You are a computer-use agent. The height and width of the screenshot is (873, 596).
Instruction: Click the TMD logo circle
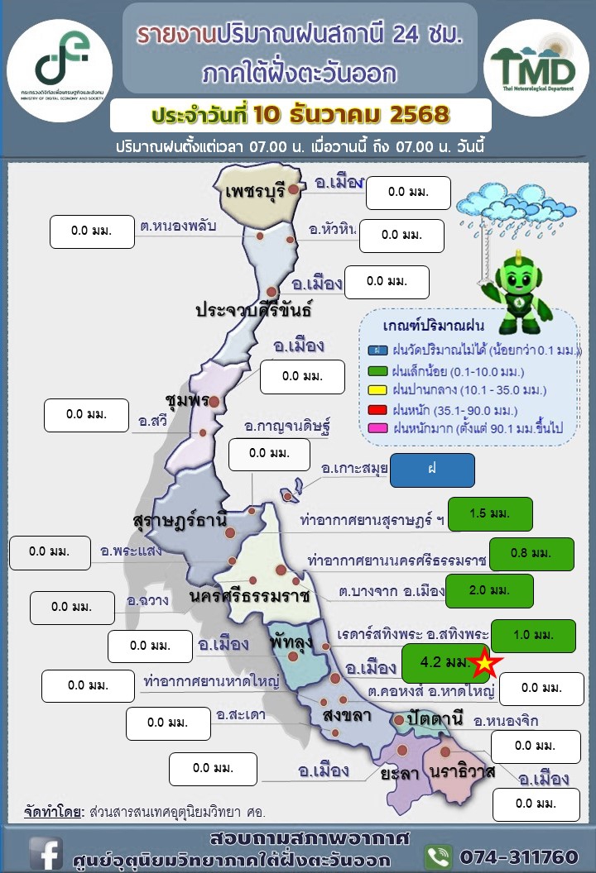(x=536, y=63)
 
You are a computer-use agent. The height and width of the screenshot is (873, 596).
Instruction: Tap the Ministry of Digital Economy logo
(x=59, y=59)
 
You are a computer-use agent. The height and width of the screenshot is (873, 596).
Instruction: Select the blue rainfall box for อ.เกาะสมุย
(x=432, y=470)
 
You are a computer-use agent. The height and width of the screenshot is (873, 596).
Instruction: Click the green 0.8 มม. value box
(x=531, y=554)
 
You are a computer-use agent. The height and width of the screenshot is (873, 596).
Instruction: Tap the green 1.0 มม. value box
(x=532, y=636)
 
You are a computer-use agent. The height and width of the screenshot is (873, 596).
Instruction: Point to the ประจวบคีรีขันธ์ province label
(x=253, y=311)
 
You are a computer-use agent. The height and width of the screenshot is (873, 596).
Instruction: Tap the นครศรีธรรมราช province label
(x=248, y=595)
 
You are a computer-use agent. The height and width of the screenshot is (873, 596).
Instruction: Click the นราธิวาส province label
(x=462, y=771)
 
